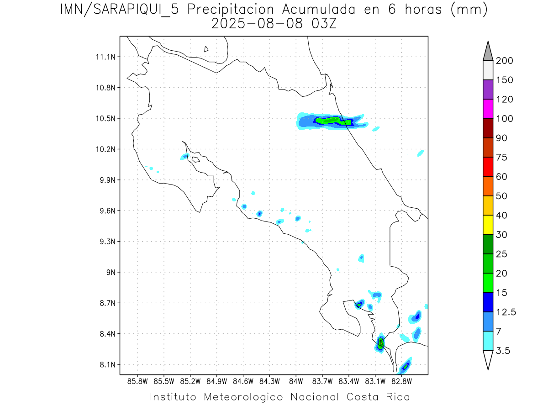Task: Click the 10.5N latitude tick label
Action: pos(106,119)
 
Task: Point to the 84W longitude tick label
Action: pos(296,381)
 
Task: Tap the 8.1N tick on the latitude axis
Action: pos(106,365)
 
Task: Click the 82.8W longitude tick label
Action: pos(401,381)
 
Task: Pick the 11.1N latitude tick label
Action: pos(106,57)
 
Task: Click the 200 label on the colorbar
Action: pos(504,61)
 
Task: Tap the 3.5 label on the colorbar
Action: pos(503,351)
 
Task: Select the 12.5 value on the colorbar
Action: pos(506,312)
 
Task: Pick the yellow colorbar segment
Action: pos(488,225)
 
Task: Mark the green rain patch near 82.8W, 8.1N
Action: pos(406,365)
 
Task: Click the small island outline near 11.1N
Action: pos(206,49)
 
